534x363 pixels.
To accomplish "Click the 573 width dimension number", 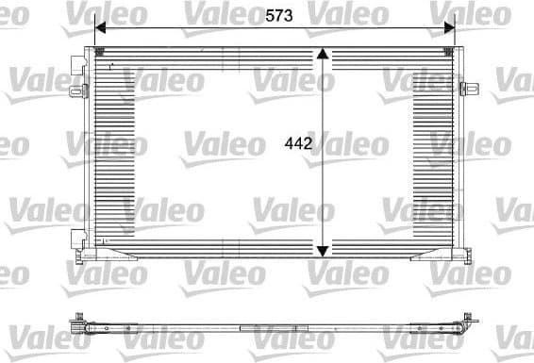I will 278,16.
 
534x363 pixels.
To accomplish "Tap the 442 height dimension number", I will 299,144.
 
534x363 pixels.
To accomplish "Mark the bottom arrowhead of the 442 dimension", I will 324,250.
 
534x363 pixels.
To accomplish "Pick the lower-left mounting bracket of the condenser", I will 76,237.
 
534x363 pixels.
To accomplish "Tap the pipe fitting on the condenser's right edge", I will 465,90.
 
